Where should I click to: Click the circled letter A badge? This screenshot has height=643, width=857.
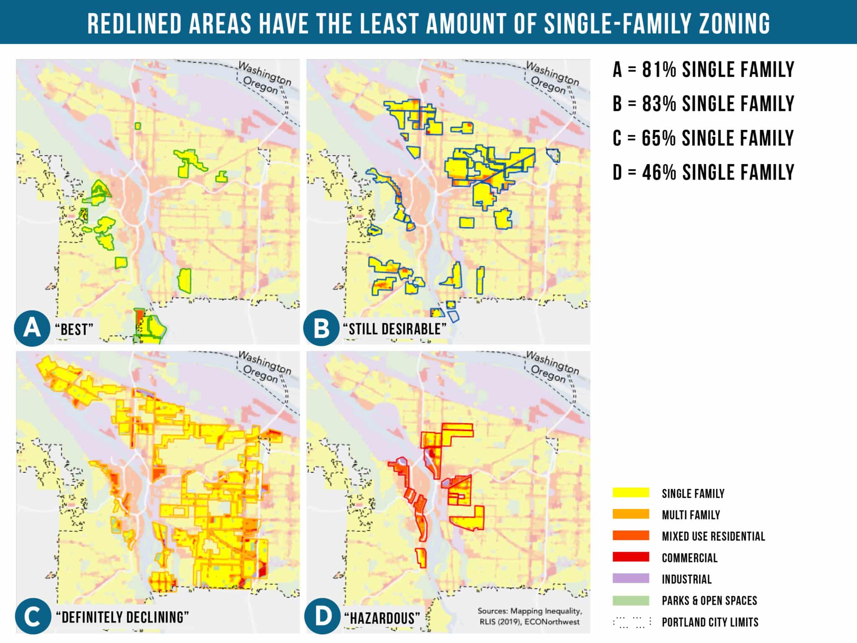(32, 328)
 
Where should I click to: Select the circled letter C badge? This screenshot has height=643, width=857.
(32, 617)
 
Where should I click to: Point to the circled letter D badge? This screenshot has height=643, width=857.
(321, 617)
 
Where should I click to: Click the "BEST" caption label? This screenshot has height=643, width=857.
(74, 329)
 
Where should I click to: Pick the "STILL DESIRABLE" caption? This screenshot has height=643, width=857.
(395, 329)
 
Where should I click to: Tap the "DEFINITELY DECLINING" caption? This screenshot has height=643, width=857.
(122, 617)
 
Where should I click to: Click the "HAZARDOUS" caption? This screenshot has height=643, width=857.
(382, 618)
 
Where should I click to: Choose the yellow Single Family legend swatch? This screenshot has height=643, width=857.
(631, 493)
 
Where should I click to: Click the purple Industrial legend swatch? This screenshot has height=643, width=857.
(631, 579)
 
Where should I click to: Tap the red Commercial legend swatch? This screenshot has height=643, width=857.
(631, 557)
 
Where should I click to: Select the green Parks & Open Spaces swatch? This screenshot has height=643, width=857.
(631, 600)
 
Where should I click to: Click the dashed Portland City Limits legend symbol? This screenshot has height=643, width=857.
(632, 622)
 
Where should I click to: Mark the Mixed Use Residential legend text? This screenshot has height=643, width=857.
(713, 536)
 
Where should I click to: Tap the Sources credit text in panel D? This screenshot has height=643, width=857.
(529, 616)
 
